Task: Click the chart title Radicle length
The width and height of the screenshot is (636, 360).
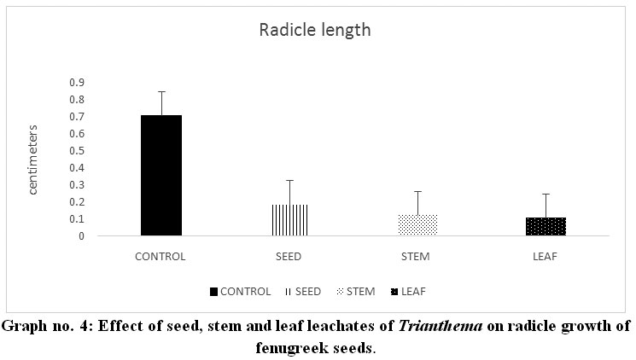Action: (315, 31)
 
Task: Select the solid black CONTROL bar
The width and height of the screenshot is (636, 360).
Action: (161, 175)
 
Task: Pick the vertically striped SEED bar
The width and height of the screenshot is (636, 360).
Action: (289, 220)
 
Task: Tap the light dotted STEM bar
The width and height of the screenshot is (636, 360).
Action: (417, 225)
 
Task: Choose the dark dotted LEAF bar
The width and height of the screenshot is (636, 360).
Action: (546, 226)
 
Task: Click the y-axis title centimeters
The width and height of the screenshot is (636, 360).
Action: (34, 160)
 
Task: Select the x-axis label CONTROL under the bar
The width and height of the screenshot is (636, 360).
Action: (161, 256)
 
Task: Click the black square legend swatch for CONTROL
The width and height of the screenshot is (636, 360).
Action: (213, 292)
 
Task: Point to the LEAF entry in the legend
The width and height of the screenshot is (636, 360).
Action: (411, 292)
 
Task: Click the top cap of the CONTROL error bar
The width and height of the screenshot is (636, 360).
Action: (161, 91)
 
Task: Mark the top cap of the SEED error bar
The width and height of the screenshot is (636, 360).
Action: (289, 180)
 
